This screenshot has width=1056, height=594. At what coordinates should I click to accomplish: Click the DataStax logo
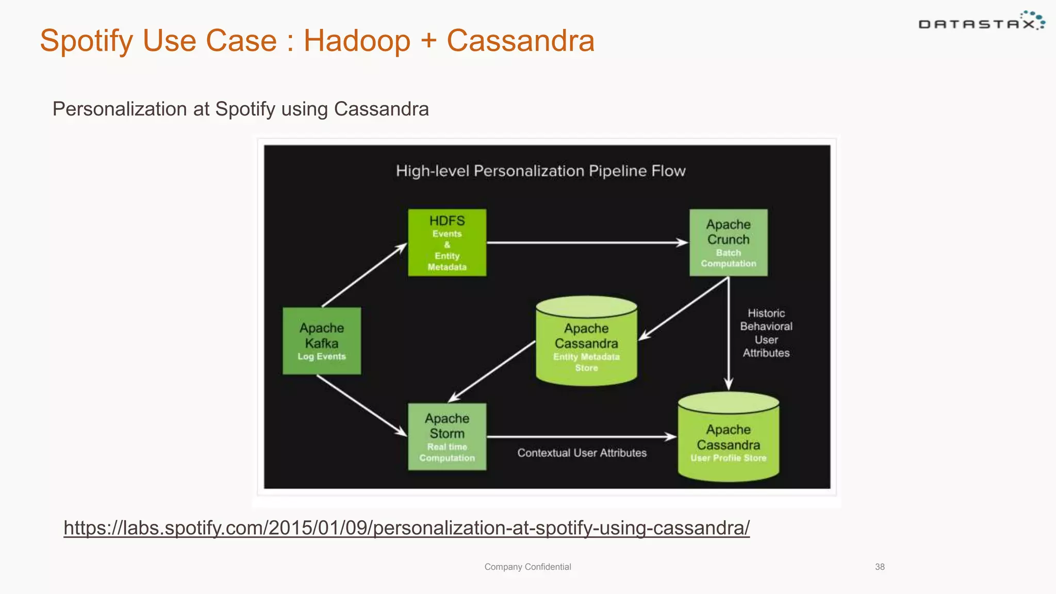coord(981,22)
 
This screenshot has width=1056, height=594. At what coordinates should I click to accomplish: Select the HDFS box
coord(447,242)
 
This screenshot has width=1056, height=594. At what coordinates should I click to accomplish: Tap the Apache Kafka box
coord(322,341)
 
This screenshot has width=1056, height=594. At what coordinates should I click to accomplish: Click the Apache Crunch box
coord(728,242)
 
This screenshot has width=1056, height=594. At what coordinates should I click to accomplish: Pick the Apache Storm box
coord(447,437)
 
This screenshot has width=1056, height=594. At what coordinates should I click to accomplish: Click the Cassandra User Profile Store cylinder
coord(728,438)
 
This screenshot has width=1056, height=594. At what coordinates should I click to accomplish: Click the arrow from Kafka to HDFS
coord(364,275)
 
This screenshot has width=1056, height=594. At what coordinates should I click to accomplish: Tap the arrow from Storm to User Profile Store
coord(581,437)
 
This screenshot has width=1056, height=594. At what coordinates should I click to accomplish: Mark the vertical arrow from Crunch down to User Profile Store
coord(728,335)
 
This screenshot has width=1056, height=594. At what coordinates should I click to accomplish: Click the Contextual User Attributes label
coord(582,453)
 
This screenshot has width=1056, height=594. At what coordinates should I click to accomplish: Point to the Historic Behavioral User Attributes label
coord(766,333)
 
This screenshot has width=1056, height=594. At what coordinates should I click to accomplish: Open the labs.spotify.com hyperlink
coord(406,528)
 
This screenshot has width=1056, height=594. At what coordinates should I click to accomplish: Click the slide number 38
coord(880,567)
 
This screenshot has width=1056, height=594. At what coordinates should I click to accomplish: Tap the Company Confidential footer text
coord(527,567)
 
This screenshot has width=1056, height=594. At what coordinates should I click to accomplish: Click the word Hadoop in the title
coord(357,41)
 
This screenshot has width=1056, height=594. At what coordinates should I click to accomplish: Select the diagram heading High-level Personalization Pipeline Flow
coord(540,171)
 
